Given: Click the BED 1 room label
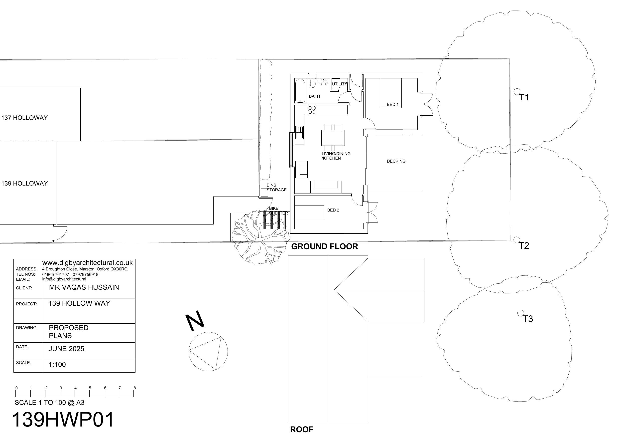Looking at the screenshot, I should [392, 104].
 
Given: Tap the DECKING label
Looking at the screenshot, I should [396, 161].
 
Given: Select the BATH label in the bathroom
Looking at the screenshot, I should [314, 96].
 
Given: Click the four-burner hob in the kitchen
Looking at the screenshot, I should [312, 110].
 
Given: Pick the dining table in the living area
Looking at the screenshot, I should [333, 138].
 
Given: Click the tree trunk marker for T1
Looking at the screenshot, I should [516, 91].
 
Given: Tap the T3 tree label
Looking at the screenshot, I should [528, 319].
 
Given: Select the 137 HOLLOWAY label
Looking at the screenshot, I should [24, 118].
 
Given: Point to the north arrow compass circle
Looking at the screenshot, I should [208, 351].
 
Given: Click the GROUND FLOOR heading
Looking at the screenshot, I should [325, 246].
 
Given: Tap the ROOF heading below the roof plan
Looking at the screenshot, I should [302, 429].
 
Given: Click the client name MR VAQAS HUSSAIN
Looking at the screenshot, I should [84, 287].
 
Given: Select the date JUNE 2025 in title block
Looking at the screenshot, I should [66, 349].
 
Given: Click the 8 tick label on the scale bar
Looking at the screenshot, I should [134, 388].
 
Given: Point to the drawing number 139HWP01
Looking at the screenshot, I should [63, 419].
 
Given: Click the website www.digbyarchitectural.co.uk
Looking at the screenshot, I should [87, 263].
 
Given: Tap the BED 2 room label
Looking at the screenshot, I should [333, 210].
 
